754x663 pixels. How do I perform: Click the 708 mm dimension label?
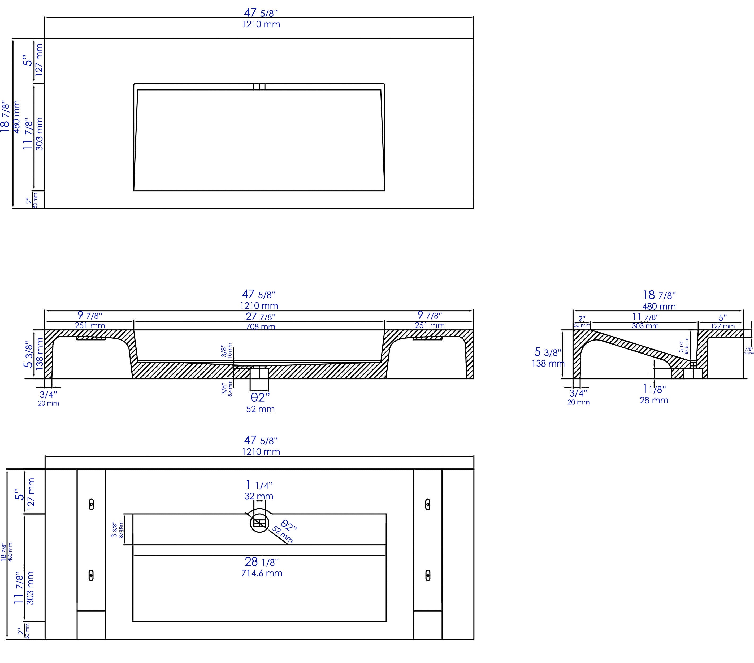pos(261,326)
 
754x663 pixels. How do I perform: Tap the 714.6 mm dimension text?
pos(262,573)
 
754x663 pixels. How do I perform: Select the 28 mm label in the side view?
pos(654,400)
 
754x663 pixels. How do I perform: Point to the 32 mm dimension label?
pos(259,496)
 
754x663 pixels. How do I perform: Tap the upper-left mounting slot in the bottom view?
pos(91,504)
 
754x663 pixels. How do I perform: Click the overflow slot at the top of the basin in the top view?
pos(259,87)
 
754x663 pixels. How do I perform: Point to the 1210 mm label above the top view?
pos(261,24)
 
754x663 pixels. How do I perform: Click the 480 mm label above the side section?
pos(659,306)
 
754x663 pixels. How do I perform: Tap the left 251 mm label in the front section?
pos(90,325)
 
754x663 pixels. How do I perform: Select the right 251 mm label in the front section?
pos(430,325)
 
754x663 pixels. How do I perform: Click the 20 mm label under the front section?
pos(48,403)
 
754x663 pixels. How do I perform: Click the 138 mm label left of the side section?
pos(548,363)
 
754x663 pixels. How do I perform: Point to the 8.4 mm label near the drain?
pos(230,389)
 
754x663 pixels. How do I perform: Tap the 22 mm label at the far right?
pos(749,353)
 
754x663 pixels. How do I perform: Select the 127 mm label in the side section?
pos(723,326)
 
